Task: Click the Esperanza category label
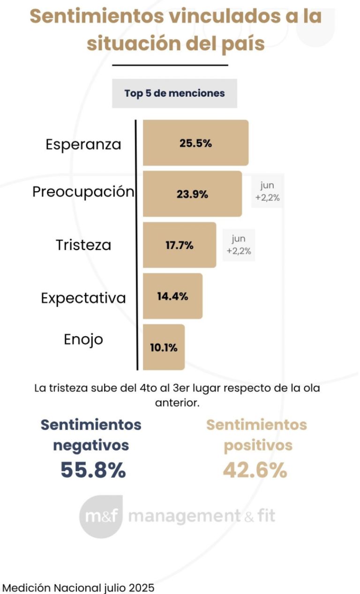(x=83, y=144)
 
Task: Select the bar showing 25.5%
(x=195, y=143)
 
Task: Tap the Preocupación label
(x=83, y=192)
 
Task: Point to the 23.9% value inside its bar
(x=192, y=194)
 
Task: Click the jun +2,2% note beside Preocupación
(x=267, y=192)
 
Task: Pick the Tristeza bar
(x=180, y=245)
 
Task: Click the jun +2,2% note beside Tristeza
(x=239, y=245)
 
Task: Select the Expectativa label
(x=83, y=298)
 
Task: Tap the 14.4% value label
(x=172, y=296)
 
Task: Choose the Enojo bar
(x=164, y=347)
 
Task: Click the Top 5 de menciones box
(x=174, y=93)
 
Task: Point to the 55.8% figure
(x=93, y=470)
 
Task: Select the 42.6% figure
(x=255, y=470)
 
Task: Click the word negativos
(x=91, y=445)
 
